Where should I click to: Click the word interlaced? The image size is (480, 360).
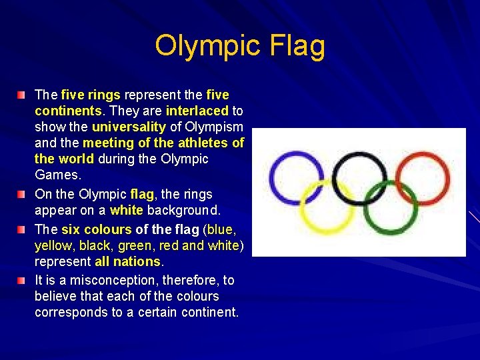click(x=197, y=111)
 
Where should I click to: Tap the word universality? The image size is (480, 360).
click(x=130, y=127)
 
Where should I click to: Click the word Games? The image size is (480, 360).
click(x=57, y=175)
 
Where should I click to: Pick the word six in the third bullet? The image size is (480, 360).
click(x=70, y=229)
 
